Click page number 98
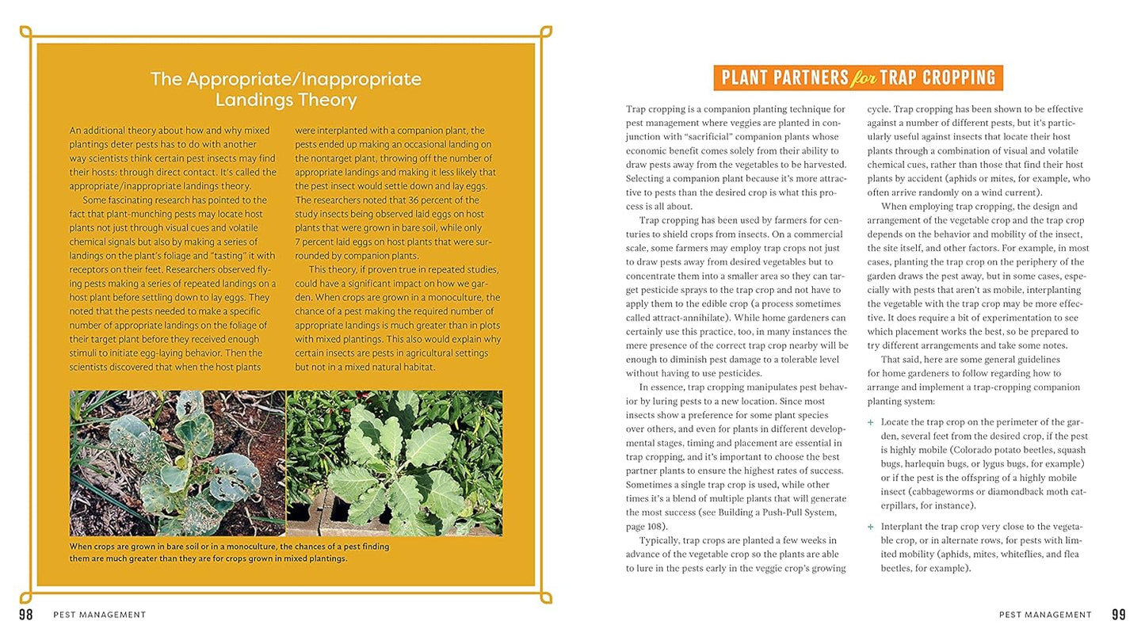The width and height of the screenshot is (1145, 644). (25, 615)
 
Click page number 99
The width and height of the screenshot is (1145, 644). (1118, 615)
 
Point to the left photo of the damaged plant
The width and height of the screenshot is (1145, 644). (177, 463)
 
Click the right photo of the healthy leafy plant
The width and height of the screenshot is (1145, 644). (394, 463)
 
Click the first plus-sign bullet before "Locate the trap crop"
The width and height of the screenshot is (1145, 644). (871, 422)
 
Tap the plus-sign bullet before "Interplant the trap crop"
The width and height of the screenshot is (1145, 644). (871, 526)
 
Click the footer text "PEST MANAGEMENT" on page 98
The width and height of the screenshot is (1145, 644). (99, 615)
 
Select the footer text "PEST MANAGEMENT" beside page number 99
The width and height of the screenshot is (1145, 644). (1045, 615)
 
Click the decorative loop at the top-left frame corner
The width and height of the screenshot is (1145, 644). (25, 32)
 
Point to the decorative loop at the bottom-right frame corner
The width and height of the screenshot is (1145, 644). (546, 597)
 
